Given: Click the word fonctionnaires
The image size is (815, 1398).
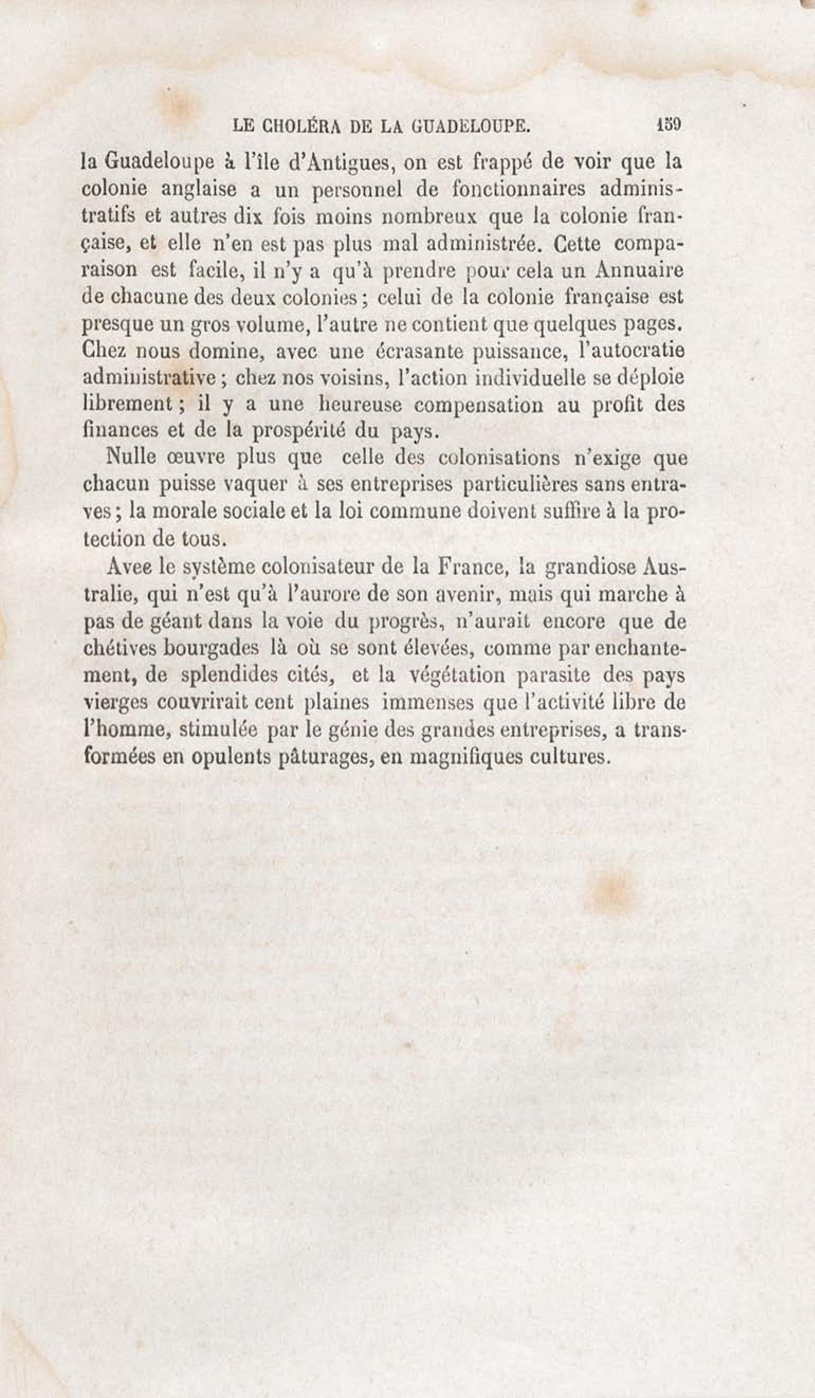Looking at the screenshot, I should tap(510, 189).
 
